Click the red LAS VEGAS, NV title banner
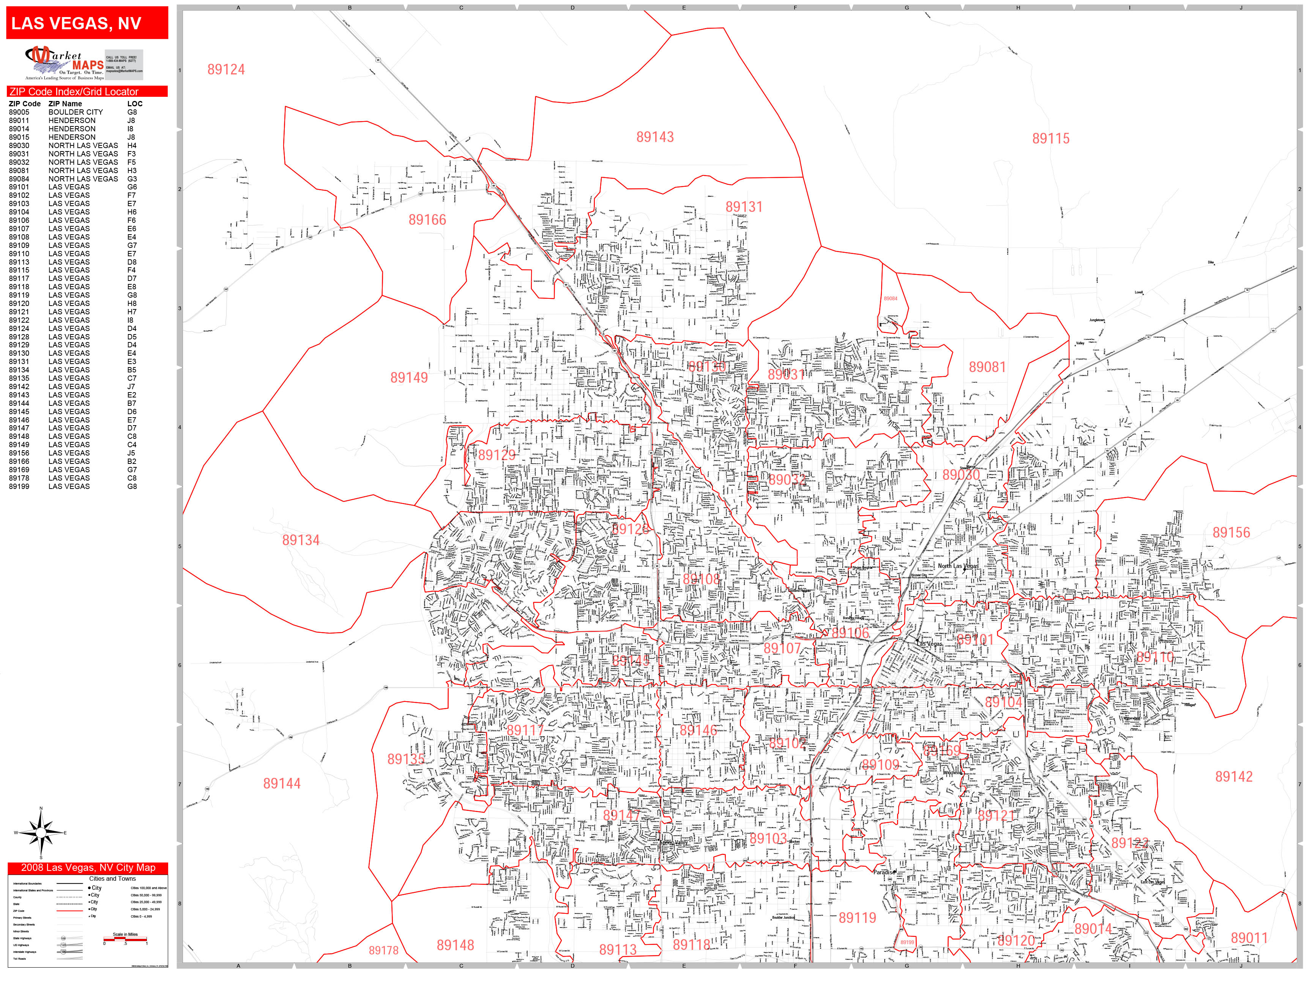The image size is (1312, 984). pos(87,23)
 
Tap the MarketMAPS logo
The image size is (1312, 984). pos(65,63)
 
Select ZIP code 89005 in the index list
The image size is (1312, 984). pos(19,112)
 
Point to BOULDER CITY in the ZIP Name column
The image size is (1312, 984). pos(75,112)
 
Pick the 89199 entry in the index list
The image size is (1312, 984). pos(19,486)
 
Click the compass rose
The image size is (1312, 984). pos(41,833)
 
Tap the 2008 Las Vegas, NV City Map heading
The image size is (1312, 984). pos(88,868)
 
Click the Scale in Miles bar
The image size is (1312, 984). pos(125,939)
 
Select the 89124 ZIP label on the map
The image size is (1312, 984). pos(226,69)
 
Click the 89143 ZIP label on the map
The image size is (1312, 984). pos(655,137)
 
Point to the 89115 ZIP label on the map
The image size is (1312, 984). pos(1050,139)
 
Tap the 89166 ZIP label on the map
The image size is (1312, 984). pos(427,220)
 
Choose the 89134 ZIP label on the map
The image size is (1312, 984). pos(301,540)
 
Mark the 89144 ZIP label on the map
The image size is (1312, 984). pos(282,784)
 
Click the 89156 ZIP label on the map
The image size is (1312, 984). pos(1231,533)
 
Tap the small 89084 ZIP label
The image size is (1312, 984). pos(890,299)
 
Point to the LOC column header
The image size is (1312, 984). pos(135,104)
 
